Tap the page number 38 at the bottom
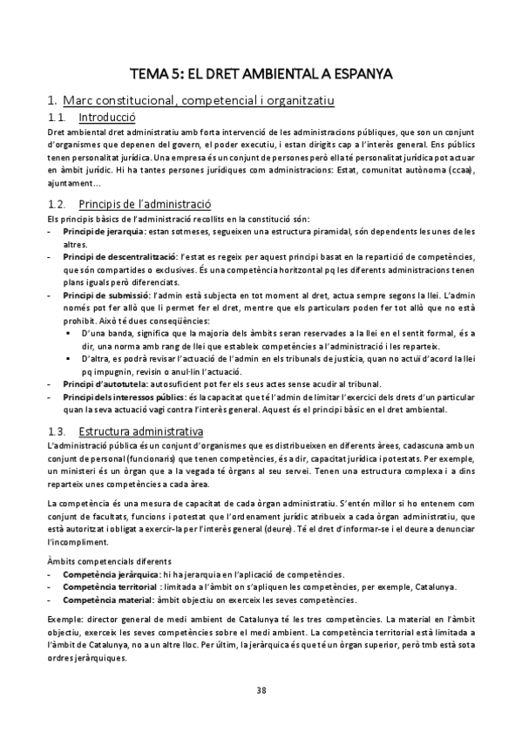261,690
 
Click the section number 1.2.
57,202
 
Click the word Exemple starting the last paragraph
64,618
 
